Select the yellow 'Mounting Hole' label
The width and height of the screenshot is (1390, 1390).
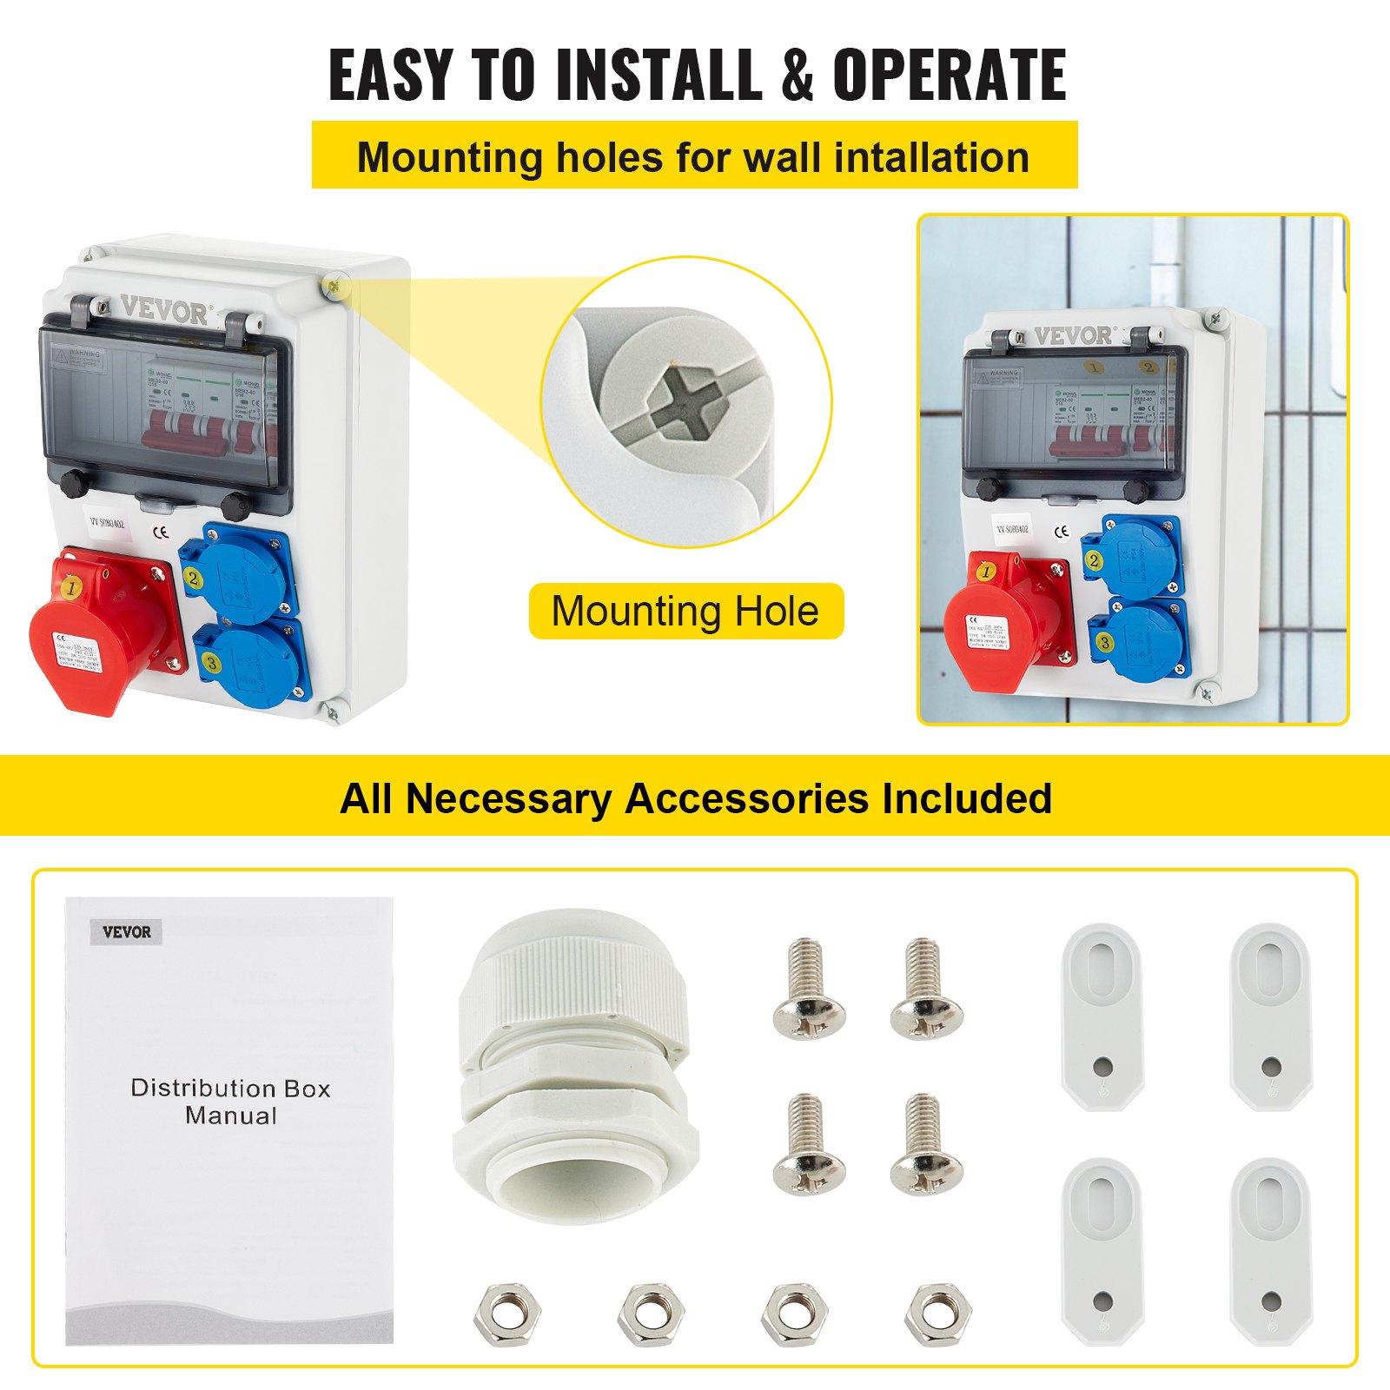point(685,611)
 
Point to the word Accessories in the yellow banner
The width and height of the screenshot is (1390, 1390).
point(746,798)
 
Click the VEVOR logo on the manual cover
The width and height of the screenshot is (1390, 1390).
point(127,932)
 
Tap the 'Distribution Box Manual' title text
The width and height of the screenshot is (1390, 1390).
point(230,1102)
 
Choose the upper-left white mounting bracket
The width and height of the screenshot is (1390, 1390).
point(1100,1016)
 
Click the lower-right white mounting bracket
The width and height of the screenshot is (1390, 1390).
point(1269,1251)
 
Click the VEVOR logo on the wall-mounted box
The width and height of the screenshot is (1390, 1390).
point(1072,335)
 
